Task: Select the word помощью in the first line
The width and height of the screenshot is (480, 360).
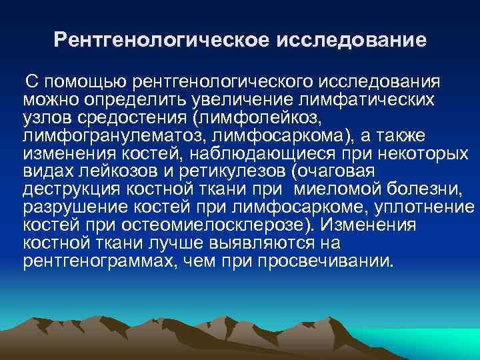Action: pyautogui.click(x=85, y=82)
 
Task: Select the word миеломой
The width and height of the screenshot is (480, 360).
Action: pyautogui.click(x=339, y=189)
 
